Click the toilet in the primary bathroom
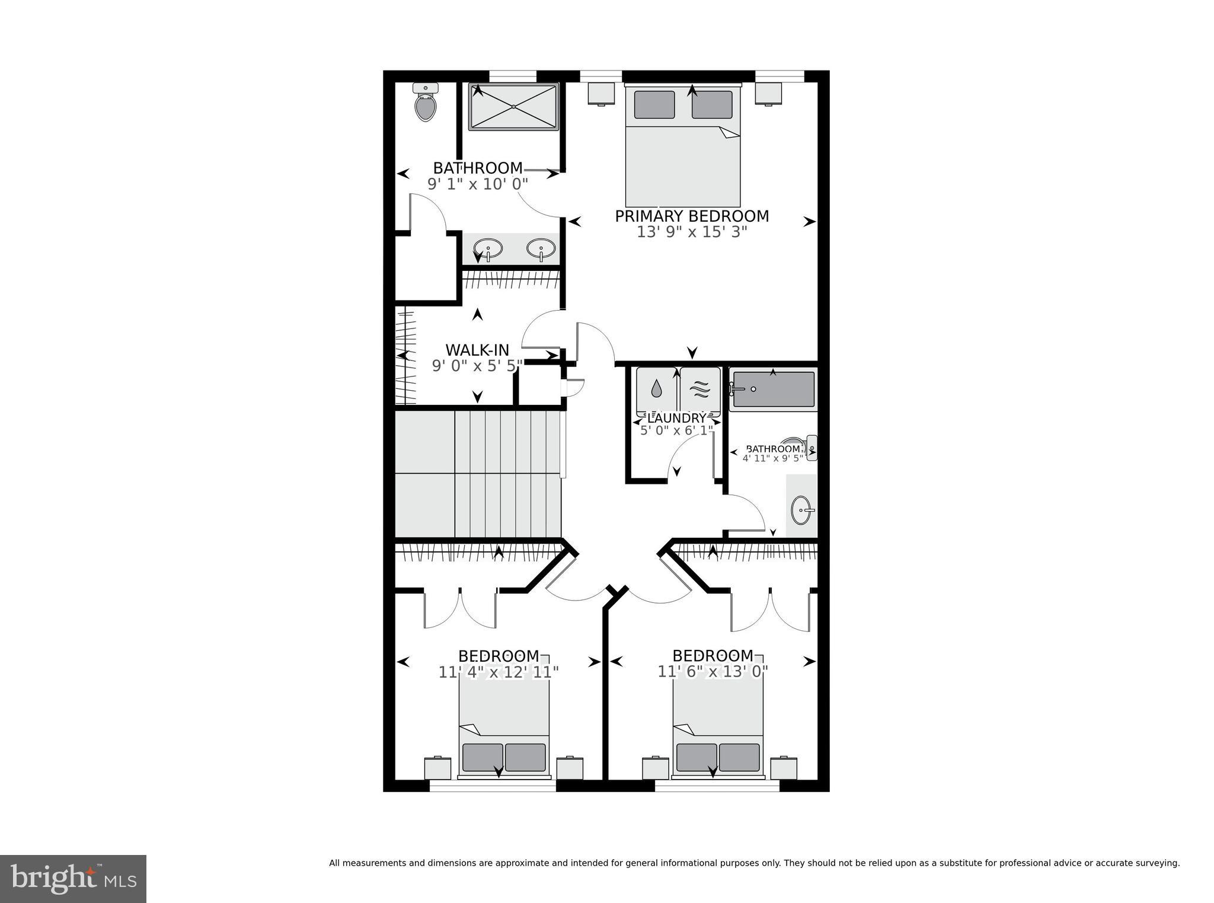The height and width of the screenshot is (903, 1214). click(x=426, y=104)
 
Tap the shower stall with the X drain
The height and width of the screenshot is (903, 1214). click(x=513, y=106)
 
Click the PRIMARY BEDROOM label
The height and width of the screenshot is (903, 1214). click(x=692, y=216)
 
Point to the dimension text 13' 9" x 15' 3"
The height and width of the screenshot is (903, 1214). click(x=692, y=232)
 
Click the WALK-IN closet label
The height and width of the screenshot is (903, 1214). click(x=477, y=350)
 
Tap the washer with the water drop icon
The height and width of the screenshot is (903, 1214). click(x=656, y=390)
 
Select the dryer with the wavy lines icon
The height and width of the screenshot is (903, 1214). click(x=700, y=390)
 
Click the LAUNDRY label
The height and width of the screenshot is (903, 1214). click(x=677, y=419)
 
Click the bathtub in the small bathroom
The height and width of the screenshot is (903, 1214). click(x=773, y=389)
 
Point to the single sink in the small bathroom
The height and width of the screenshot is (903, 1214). click(x=801, y=509)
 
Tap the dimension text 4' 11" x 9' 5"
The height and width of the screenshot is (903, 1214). click(x=772, y=458)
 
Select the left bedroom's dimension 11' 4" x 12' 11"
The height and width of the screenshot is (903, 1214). click(x=499, y=672)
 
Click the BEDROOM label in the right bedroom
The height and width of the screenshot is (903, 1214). click(x=713, y=656)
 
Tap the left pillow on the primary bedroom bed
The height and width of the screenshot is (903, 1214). click(x=654, y=104)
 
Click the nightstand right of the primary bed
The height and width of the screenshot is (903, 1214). click(x=768, y=93)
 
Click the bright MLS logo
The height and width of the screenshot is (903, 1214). click(x=73, y=878)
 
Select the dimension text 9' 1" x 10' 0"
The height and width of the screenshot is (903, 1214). click(x=478, y=184)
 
